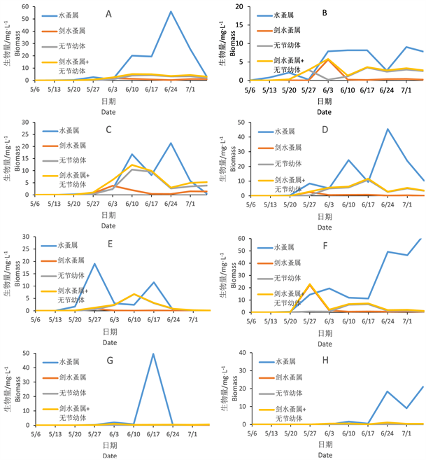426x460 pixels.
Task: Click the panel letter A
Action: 108,14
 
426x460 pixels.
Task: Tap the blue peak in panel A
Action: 171,12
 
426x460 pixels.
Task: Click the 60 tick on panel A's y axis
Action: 24,7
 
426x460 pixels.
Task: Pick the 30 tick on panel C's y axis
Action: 24,122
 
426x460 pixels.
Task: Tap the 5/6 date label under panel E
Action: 34,319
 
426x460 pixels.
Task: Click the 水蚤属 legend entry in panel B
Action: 286,16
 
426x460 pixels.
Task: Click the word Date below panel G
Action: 111,455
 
